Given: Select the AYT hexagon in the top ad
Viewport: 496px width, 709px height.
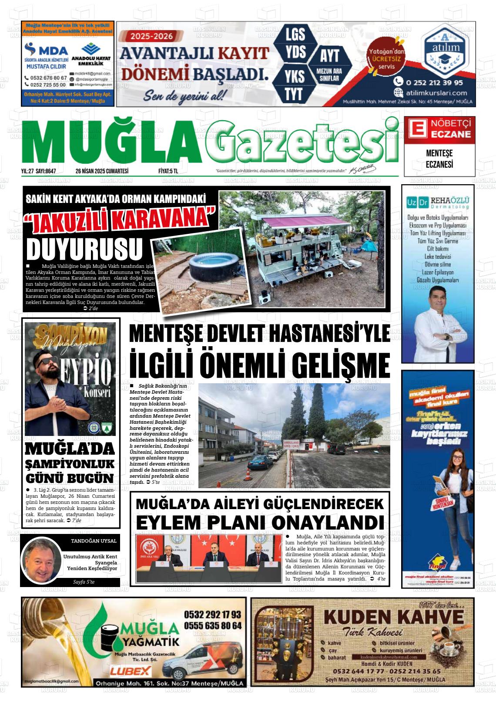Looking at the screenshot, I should tap(329, 57).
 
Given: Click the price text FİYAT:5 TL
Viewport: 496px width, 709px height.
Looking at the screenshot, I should tap(168, 171).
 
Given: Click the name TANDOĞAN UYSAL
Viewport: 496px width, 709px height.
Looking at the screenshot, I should tap(94, 541).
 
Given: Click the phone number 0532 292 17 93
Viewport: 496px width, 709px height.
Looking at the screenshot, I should tap(212, 614).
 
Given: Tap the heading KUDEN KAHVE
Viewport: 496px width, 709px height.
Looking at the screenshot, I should tap(394, 617).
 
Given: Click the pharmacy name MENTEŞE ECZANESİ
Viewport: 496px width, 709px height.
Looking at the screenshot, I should tap(439, 159).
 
